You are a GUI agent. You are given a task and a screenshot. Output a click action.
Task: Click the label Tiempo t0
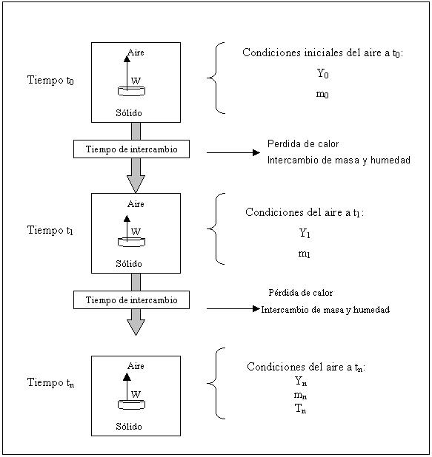pos(50,80)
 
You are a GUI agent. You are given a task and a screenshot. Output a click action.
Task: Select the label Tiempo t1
pos(50,230)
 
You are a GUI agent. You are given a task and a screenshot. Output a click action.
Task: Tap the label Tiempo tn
pos(50,382)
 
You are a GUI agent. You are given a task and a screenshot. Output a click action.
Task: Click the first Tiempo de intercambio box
pos(131,149)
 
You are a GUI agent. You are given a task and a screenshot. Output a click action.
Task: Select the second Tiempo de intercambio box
pos(131,300)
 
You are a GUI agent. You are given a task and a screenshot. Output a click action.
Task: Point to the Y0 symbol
pos(323,73)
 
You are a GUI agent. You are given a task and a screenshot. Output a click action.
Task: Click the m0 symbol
pos(322,94)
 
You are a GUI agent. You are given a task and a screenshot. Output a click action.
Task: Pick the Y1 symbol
pos(305,233)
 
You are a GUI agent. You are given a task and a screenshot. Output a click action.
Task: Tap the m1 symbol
pos(304,254)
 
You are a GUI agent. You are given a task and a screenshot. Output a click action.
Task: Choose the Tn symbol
pos(301,409)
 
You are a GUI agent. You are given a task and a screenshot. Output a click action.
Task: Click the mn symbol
pos(300,395)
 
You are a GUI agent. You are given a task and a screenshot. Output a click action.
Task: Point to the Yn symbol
pos(301,382)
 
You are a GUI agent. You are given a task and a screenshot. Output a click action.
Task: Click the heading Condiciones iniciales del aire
pos(323,53)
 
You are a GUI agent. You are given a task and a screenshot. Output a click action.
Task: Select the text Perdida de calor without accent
pos(303,143)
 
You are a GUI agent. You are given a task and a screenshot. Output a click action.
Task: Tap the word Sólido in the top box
pos(129,113)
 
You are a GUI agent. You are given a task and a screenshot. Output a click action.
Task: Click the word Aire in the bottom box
pos(136,366)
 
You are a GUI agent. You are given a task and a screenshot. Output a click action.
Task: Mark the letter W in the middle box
pos(136,231)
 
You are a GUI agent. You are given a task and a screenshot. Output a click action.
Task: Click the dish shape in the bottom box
pos(131,404)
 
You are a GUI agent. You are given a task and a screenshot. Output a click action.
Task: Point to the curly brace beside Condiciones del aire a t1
pos(216,228)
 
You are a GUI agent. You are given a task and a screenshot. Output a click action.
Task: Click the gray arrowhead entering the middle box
pos(136,183)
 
